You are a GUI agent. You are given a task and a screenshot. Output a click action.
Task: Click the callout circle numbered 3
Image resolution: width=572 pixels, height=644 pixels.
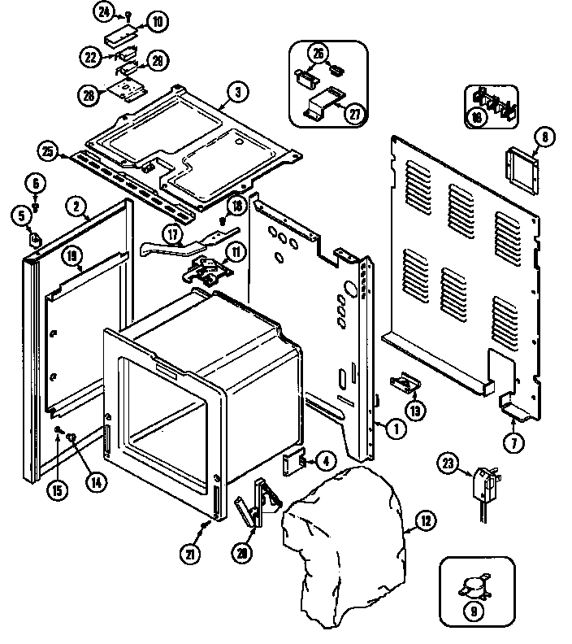click(x=236, y=92)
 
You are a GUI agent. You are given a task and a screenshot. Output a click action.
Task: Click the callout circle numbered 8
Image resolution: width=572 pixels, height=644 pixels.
click(x=545, y=137)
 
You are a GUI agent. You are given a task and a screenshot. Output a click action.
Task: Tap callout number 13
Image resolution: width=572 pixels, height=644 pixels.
click(x=416, y=411)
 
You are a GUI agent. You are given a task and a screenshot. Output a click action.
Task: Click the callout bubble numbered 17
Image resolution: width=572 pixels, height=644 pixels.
click(x=174, y=235)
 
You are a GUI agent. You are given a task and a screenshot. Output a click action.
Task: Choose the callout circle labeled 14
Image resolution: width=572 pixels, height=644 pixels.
click(x=96, y=481)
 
